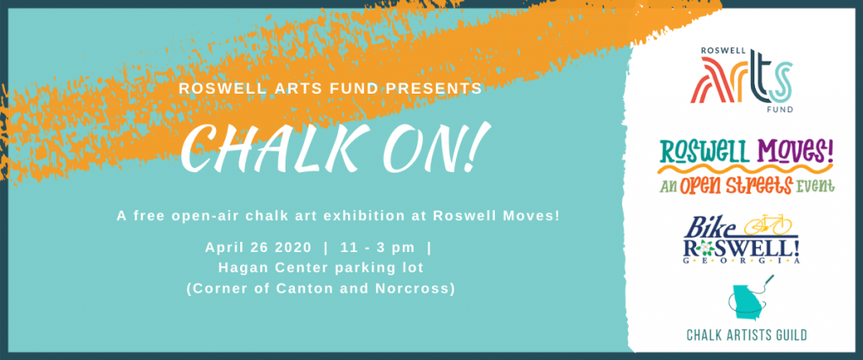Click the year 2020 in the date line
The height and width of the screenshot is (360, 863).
click(292, 248)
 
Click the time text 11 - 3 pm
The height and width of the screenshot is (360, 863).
click(378, 248)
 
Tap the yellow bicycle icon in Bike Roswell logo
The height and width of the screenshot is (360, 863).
click(768, 224)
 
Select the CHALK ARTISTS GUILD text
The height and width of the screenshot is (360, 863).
click(747, 335)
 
